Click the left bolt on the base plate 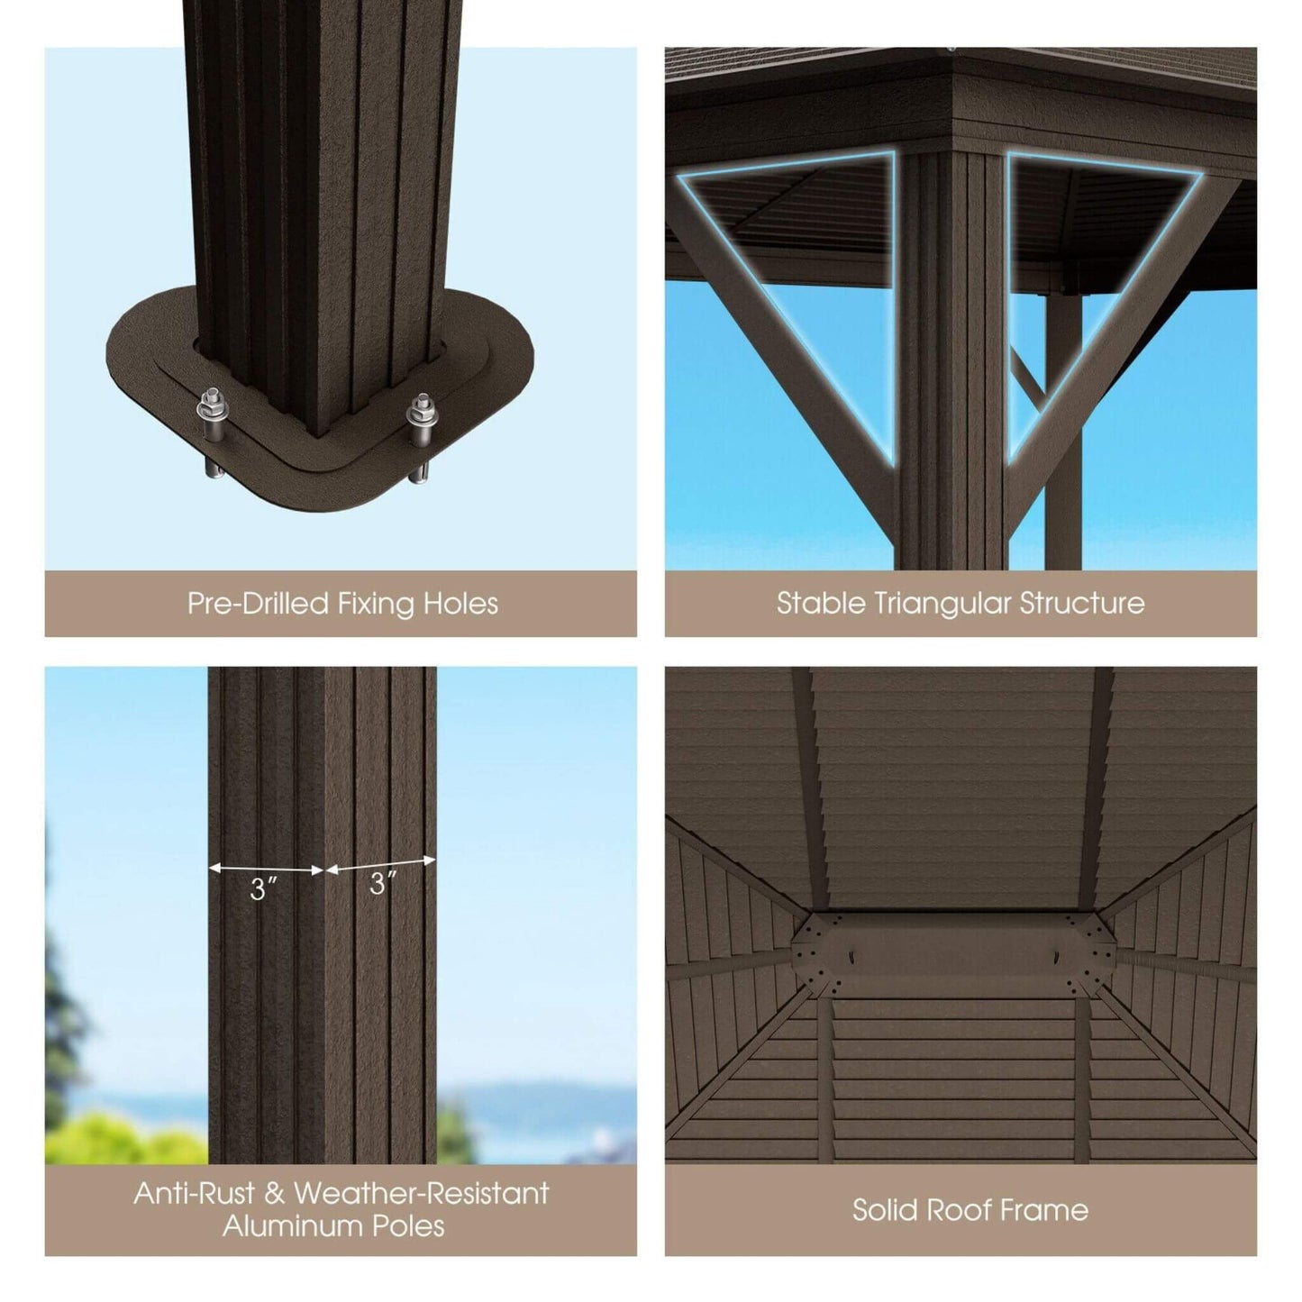click(213, 413)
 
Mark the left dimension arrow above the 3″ click(266, 870)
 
